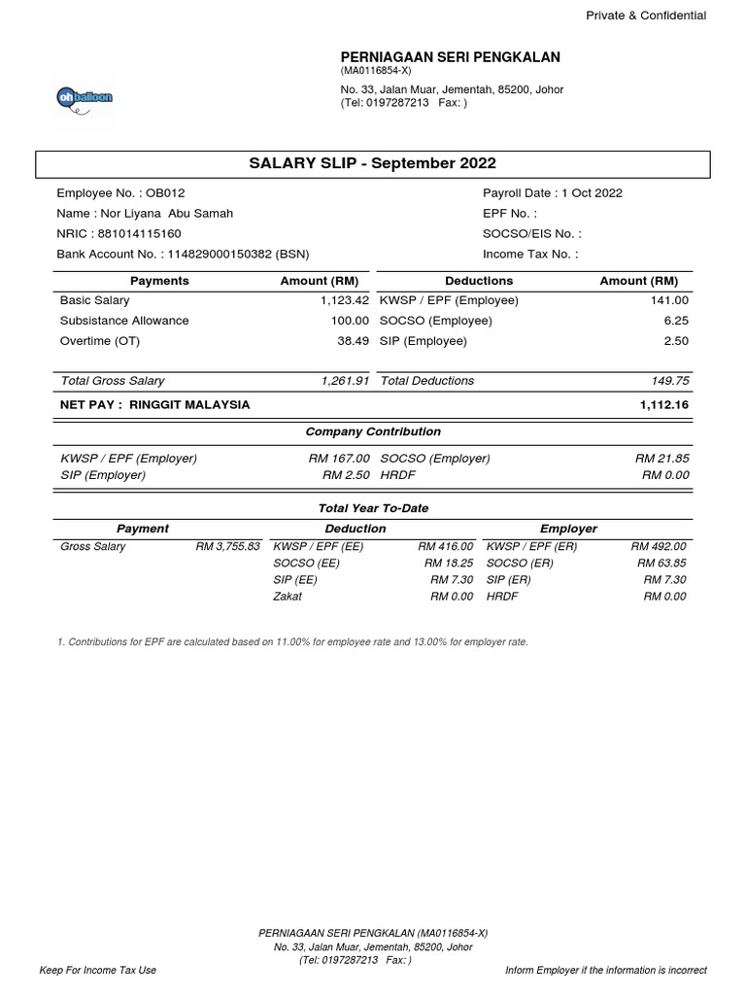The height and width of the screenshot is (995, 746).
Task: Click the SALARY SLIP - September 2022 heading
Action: pos(373,164)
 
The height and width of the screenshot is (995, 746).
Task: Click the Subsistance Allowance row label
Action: pos(124,321)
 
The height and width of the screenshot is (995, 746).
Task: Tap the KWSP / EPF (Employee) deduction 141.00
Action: pos(669,300)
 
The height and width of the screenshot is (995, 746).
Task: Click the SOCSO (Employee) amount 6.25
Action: pos(675,321)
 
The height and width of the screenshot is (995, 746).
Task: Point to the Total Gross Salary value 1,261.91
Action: pos(344,381)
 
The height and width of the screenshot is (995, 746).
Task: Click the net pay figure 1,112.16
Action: pos(664,404)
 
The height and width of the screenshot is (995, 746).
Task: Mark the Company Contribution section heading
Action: pos(373,431)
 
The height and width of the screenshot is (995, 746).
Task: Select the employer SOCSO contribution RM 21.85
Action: pos(661,458)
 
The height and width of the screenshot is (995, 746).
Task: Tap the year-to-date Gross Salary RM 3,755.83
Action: pos(227,546)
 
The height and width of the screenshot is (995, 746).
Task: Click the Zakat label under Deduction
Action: pos(288,596)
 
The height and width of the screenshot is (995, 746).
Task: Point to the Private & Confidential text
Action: pos(645,16)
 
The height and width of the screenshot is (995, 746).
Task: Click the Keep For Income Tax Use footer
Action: pos(97,970)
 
